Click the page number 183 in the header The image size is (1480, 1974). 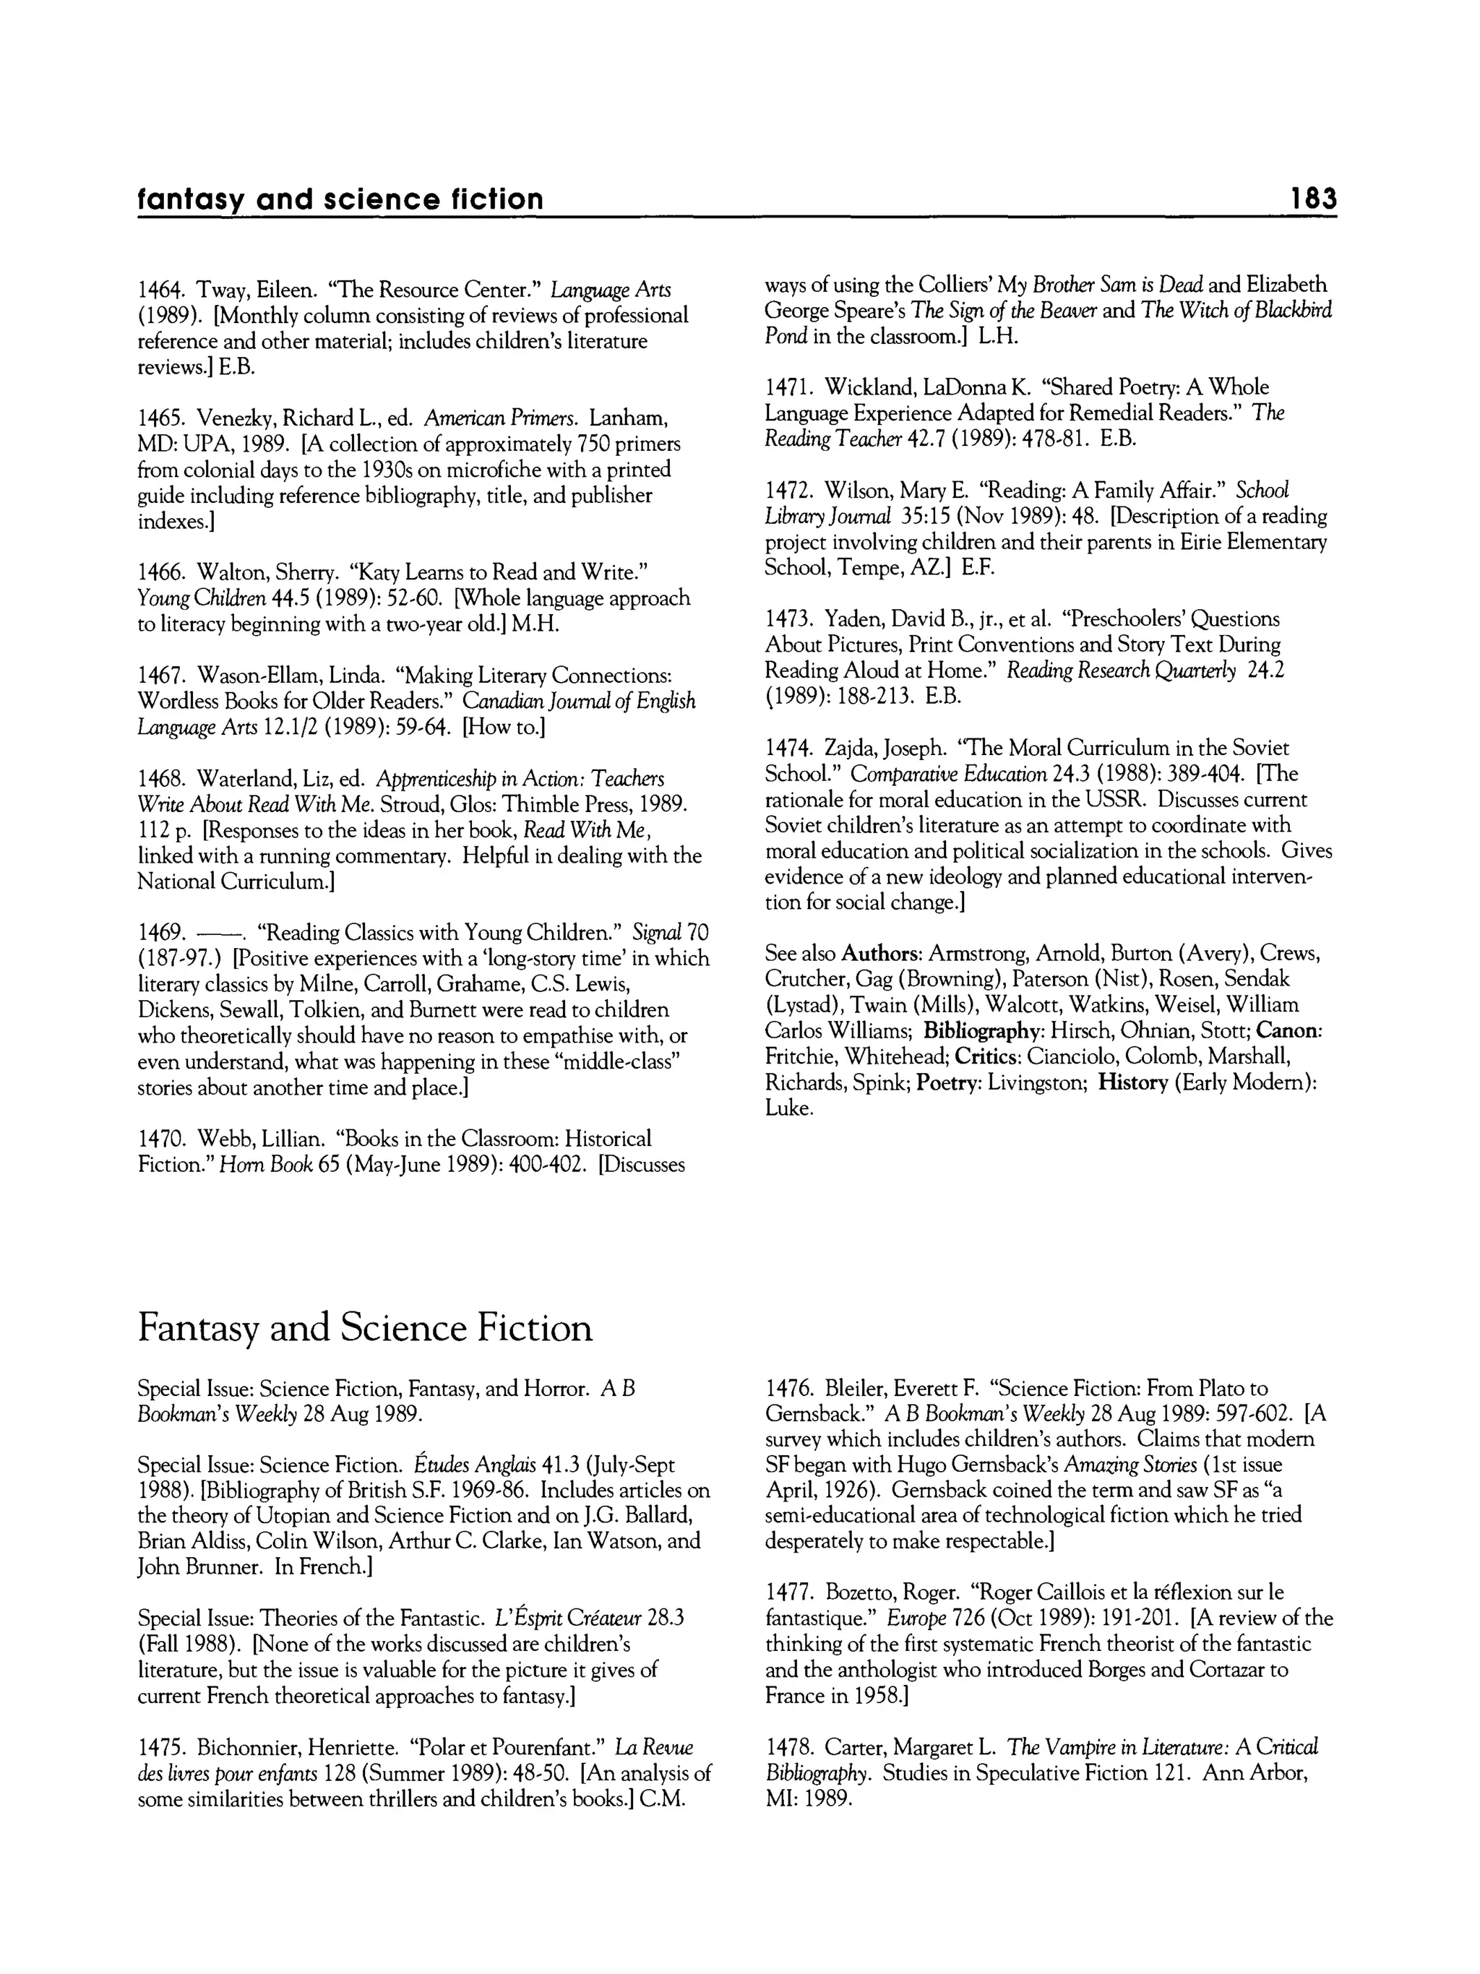[1314, 198]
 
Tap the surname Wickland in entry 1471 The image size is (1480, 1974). [872, 388]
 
